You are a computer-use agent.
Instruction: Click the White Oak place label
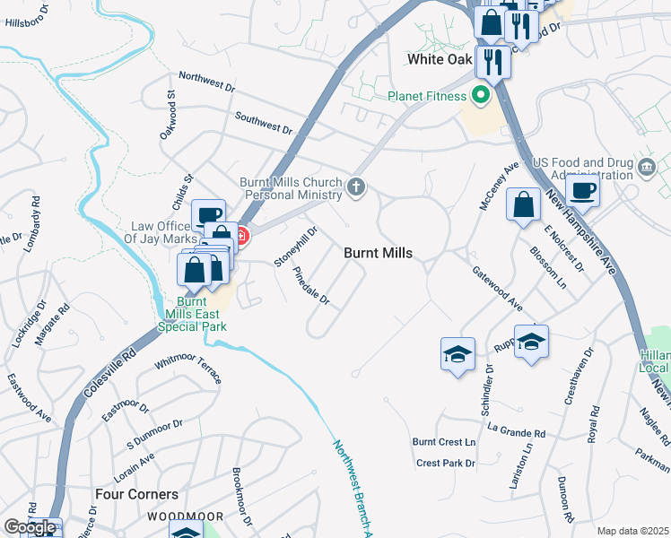click(439, 59)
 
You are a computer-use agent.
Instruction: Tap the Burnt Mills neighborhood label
click(379, 254)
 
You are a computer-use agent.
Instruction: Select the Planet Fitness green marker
click(481, 93)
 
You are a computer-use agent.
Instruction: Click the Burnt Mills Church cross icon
click(357, 187)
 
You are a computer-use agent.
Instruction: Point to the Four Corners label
click(136, 494)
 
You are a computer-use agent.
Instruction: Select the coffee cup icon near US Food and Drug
click(582, 189)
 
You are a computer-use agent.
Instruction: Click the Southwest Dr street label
click(264, 123)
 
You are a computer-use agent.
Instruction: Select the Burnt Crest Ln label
click(443, 442)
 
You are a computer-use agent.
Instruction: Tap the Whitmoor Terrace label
click(188, 368)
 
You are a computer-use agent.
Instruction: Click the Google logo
click(30, 527)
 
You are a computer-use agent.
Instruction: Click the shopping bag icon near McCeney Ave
click(523, 205)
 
